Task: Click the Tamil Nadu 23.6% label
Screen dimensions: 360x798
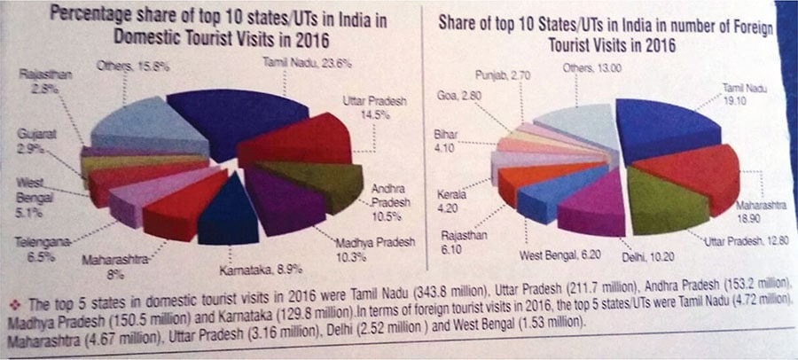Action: [x=295, y=62]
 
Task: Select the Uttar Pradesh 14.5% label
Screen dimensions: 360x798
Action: [x=375, y=109]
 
